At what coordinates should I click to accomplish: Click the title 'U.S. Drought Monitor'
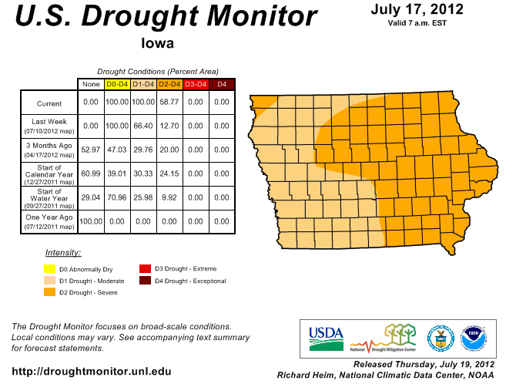coord(166,17)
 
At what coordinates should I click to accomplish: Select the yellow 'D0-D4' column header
coord(117,83)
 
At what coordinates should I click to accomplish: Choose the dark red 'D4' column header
coord(222,83)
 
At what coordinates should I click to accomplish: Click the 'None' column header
coord(91,83)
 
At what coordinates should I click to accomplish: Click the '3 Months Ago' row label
coord(49,145)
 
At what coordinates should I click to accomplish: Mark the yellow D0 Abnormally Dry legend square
coord(49,269)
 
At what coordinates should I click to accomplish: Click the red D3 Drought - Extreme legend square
coord(144,269)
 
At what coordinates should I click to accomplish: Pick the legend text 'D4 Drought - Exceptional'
coord(191,281)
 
